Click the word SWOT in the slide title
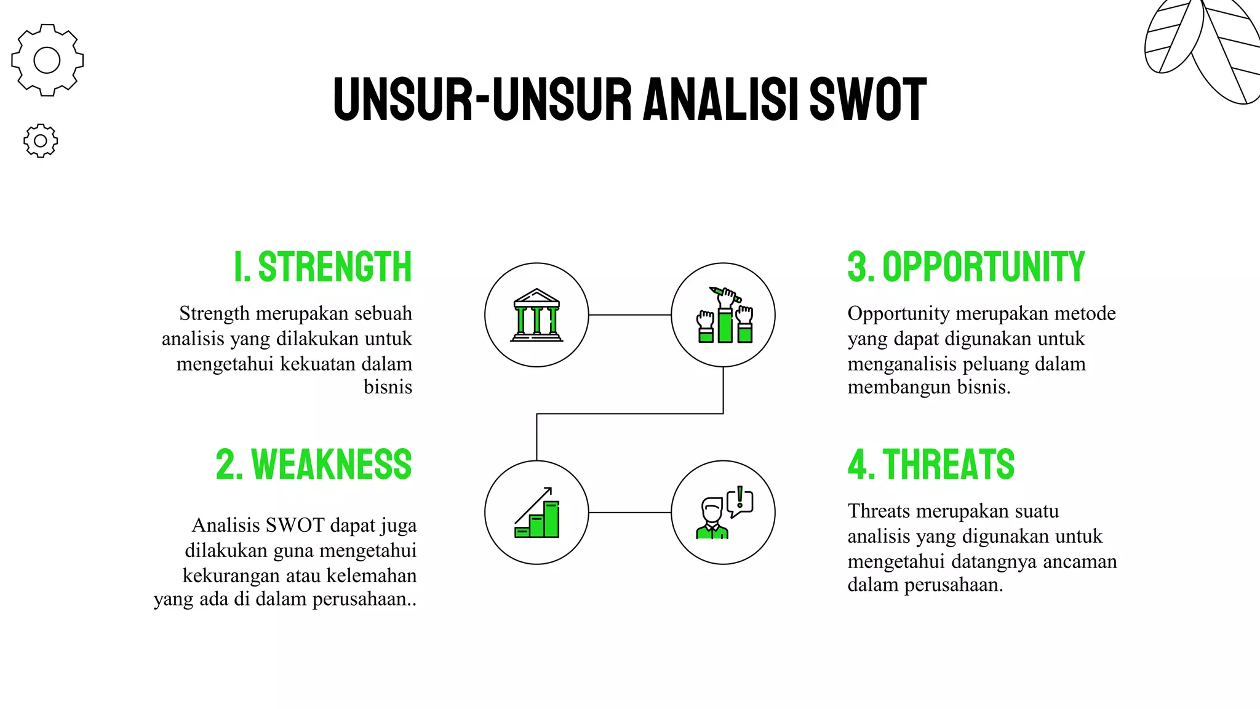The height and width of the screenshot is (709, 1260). click(x=867, y=99)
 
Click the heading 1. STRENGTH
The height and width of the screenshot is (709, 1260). click(x=322, y=267)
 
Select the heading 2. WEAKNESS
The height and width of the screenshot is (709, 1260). click(x=313, y=465)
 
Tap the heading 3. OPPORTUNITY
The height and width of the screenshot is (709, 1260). click(x=966, y=267)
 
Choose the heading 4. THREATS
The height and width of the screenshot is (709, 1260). click(x=931, y=465)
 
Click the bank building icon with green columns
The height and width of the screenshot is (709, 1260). click(x=536, y=315)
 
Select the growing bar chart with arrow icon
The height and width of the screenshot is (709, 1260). click(x=536, y=513)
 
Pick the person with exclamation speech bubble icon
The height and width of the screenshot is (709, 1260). click(x=724, y=513)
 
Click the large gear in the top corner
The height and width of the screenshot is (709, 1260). click(x=47, y=60)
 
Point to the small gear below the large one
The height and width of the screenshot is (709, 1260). click(x=41, y=141)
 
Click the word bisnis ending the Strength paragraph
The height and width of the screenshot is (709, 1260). click(x=388, y=387)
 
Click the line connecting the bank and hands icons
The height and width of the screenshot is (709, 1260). click(x=629, y=315)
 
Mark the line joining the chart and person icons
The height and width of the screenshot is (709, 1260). click(x=629, y=513)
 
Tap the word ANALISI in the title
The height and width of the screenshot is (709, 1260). click(x=720, y=99)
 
